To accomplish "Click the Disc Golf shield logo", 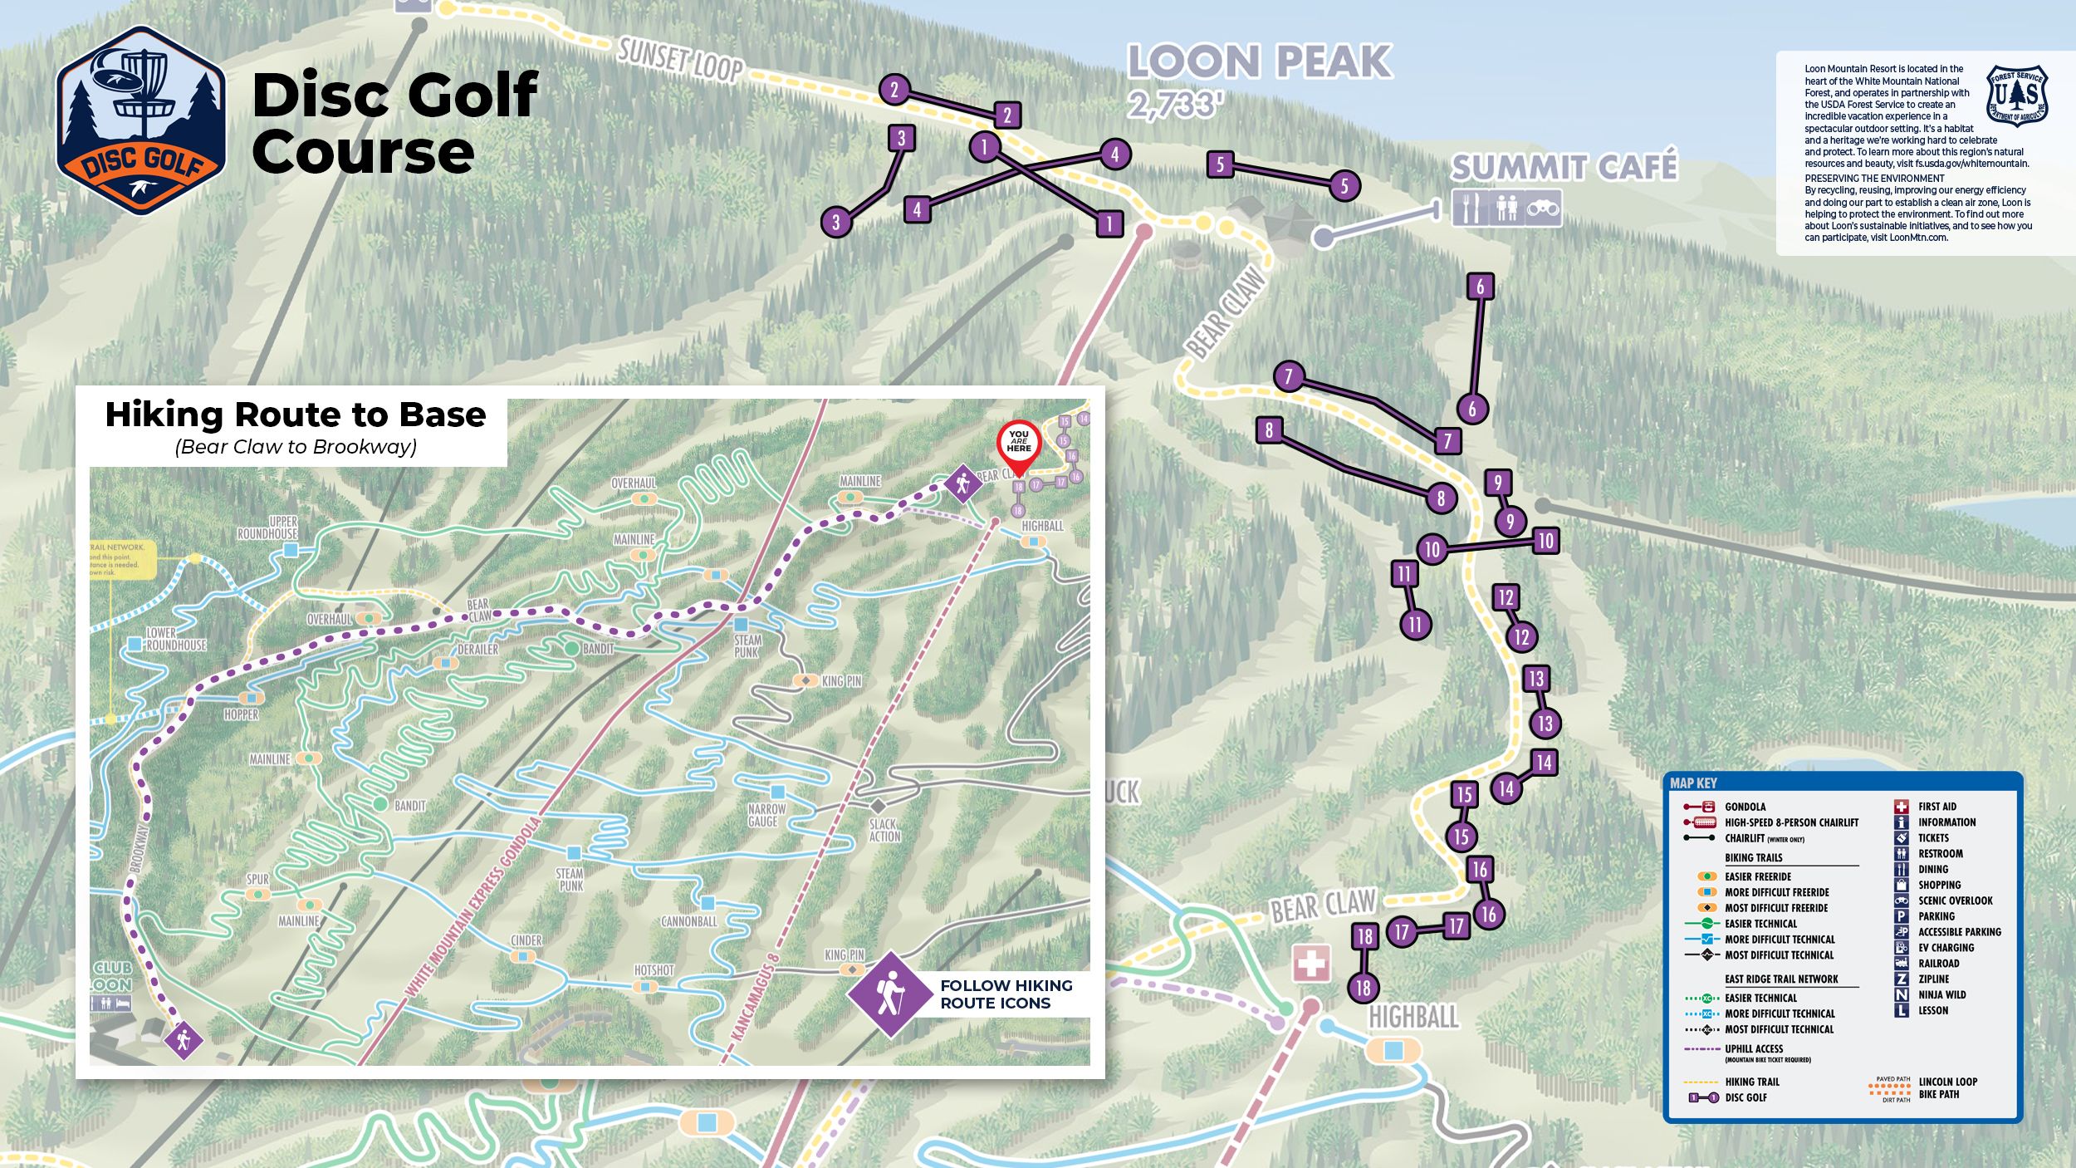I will (141, 120).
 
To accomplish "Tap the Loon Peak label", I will (1259, 61).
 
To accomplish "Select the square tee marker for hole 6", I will (1480, 287).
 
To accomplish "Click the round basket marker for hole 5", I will (1344, 185).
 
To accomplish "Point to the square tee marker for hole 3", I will (901, 138).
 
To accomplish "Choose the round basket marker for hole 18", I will (1363, 988).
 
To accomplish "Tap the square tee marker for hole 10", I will (1545, 541).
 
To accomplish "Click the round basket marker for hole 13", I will (1545, 723).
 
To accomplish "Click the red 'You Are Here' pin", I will (1018, 444).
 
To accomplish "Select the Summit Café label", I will (1564, 167).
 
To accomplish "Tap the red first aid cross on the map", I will (1311, 964).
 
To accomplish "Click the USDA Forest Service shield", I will (2016, 96).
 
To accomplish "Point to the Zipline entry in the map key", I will (1933, 979).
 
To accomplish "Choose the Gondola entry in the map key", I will (1745, 807).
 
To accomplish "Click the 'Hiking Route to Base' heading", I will (295, 415).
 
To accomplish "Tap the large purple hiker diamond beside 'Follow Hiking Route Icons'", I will (889, 994).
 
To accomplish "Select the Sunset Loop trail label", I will (680, 60).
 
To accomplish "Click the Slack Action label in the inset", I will (884, 830).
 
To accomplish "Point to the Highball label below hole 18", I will (1413, 1016).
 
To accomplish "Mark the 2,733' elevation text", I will (1175, 105).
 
